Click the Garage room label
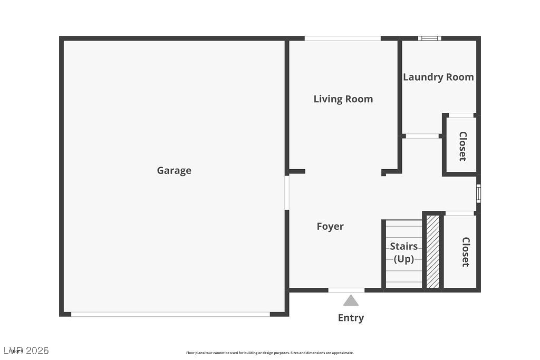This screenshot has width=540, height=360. click(x=174, y=170)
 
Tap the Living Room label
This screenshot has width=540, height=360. click(x=343, y=99)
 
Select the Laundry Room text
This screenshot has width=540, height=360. click(x=438, y=77)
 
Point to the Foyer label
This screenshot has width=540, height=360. click(x=330, y=226)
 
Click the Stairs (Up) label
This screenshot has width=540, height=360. click(x=403, y=252)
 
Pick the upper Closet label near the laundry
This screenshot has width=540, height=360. click(x=462, y=146)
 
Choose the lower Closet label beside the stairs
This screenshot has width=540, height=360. click(x=466, y=251)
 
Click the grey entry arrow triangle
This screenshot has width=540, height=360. click(x=351, y=300)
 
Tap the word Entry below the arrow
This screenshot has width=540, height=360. click(x=351, y=318)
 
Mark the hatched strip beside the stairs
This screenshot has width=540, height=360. click(x=432, y=251)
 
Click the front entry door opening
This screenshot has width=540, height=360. click(x=346, y=290)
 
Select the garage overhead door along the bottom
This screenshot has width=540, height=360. click(x=170, y=314)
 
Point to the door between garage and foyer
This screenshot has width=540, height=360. click(x=287, y=192)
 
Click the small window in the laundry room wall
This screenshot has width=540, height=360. click(x=430, y=38)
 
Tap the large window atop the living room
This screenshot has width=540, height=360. click(x=343, y=38)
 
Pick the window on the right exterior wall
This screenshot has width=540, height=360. click(x=478, y=193)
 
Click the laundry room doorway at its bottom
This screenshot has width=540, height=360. click(x=422, y=136)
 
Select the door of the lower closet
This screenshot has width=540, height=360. click(x=459, y=213)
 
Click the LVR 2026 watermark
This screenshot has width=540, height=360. click(x=26, y=351)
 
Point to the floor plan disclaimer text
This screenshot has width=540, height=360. click(x=270, y=353)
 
